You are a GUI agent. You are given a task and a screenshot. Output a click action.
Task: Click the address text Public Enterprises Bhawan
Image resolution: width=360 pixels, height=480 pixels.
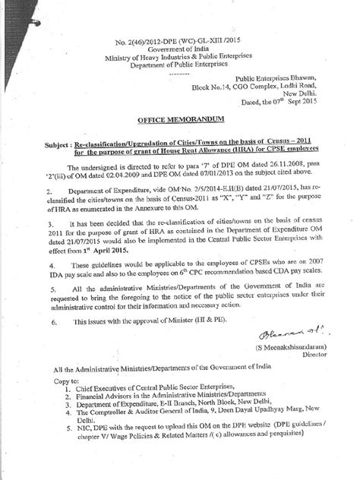(x=270, y=78)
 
